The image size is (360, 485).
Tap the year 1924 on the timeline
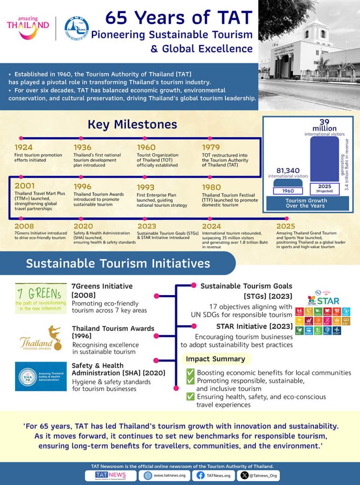coord(23,148)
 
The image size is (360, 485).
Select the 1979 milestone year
coord(211,148)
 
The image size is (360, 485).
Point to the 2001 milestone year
coord(24,186)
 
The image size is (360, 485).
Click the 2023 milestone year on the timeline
coord(147,226)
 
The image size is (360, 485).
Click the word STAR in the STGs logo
coord(328,300)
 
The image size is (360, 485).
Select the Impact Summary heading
coord(215,359)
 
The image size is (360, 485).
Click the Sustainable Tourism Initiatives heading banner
coord(118,263)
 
